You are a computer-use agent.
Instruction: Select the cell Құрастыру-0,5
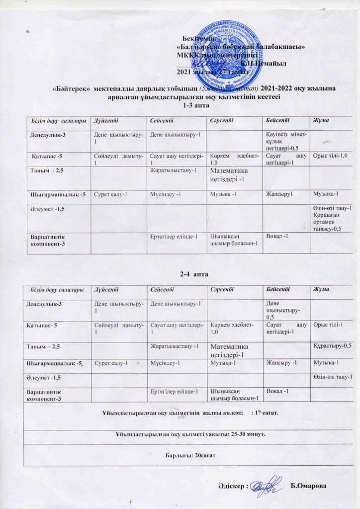pyautogui.click(x=333, y=345)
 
